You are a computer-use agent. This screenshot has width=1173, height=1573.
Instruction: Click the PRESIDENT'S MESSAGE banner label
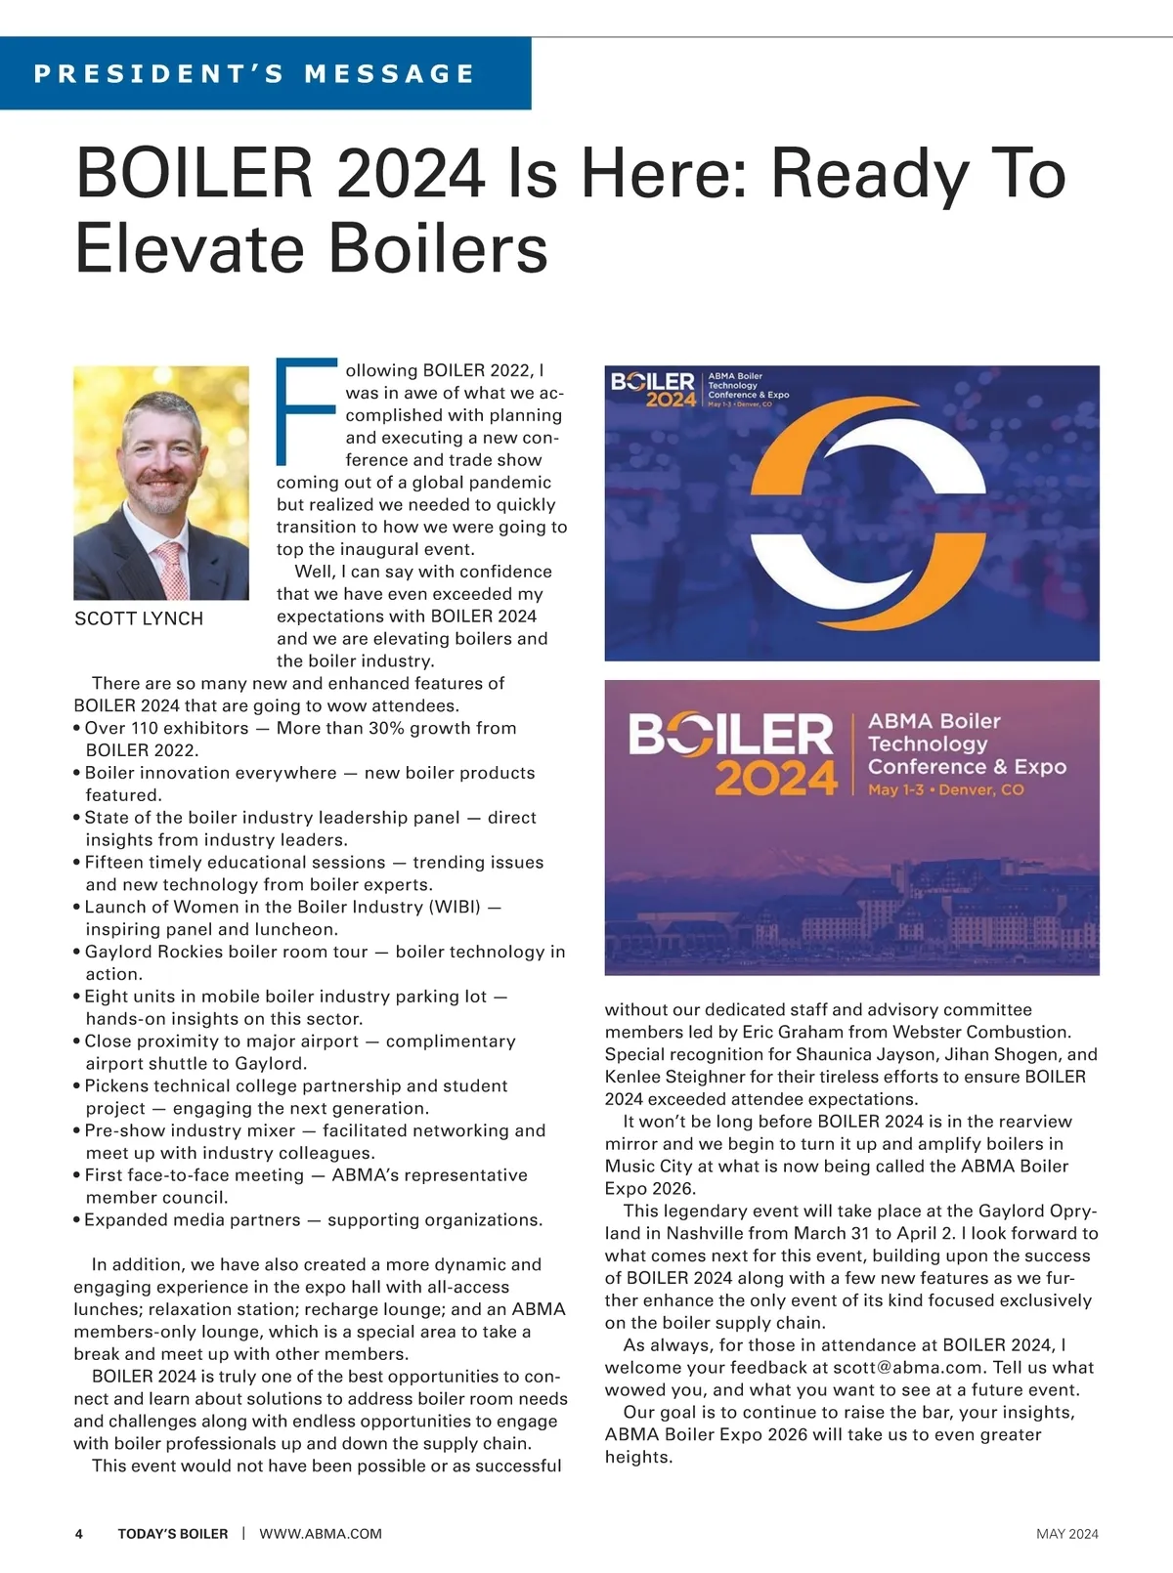coord(254,73)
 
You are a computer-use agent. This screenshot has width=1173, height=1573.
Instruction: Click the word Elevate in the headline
coord(186,248)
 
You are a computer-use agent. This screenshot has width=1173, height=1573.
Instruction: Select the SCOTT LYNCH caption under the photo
coord(139,618)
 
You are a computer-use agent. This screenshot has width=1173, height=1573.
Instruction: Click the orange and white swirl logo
coord(853,514)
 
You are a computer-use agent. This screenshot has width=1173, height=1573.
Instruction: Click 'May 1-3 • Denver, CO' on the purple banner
coord(945,789)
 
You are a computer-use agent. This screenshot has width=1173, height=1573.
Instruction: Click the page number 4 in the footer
coord(79,1534)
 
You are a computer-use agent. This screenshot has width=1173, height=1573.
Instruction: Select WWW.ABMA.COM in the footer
coord(321,1534)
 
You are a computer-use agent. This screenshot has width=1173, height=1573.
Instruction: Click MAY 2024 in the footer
coord(1066,1534)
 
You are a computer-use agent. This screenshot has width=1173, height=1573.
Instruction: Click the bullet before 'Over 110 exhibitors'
coord(77,729)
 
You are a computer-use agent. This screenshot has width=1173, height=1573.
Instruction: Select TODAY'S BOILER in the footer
coord(173,1534)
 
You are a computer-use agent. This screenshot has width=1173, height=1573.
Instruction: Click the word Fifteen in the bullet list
coord(117,862)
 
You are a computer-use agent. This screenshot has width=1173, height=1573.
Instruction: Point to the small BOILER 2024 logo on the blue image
coord(653,390)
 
